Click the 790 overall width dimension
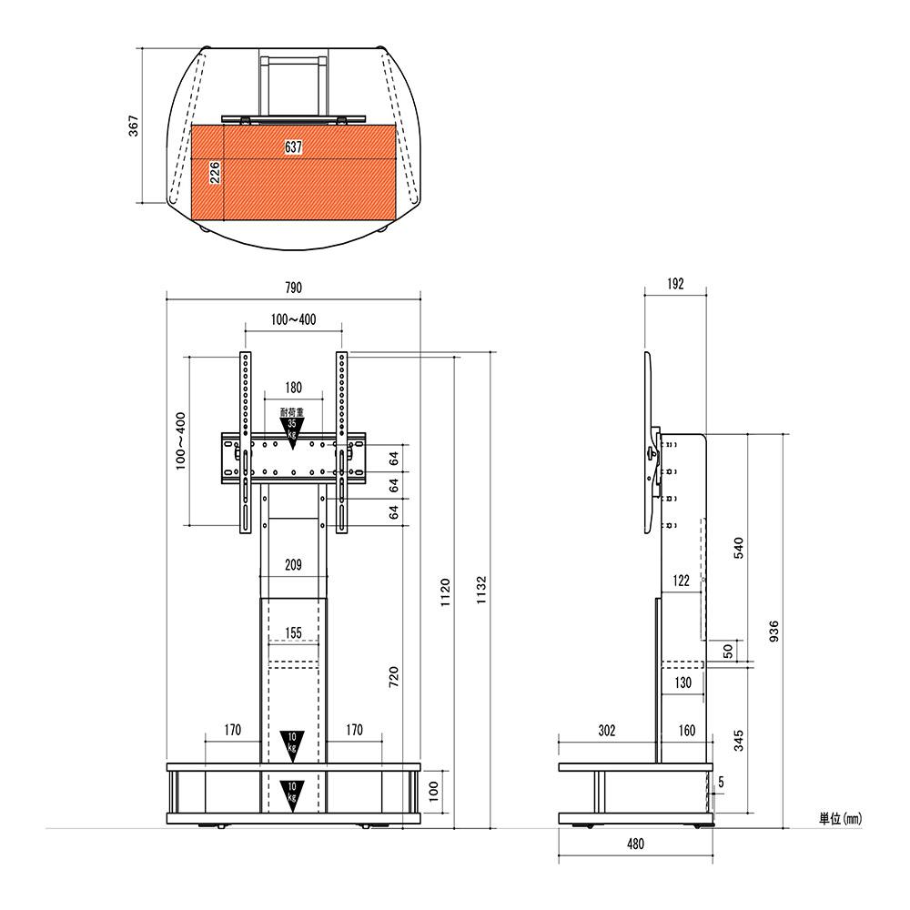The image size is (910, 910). pos(294,288)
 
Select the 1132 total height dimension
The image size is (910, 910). pos(481,591)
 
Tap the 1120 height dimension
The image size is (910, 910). pos(445,592)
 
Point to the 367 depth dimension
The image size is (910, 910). pos(134,126)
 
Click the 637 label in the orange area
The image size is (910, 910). pos(294,147)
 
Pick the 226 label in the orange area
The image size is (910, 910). pos(215,173)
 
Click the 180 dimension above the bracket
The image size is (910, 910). pos(294,387)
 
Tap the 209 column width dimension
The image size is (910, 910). pos(293,565)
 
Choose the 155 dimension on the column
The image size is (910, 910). pos(294,632)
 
